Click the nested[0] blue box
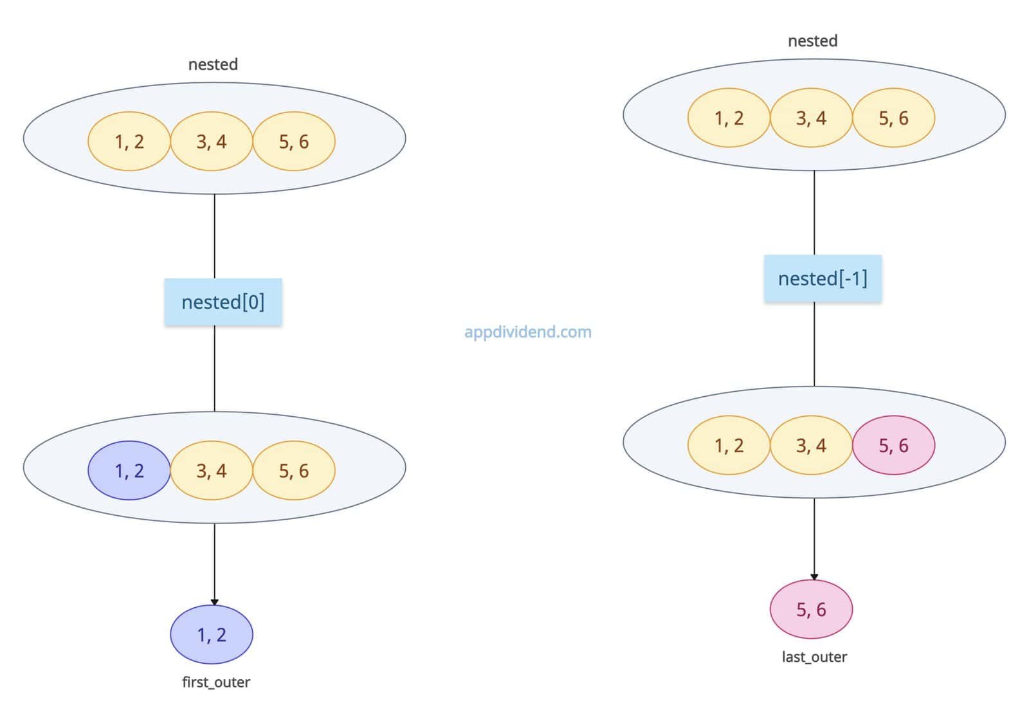(223, 302)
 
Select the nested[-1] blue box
(823, 278)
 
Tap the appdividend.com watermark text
(528, 333)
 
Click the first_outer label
(216, 682)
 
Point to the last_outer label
(814, 657)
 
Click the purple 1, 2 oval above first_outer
(212, 635)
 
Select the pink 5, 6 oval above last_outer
(811, 609)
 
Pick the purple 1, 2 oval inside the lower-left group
(129, 471)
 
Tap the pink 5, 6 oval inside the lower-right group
(893, 445)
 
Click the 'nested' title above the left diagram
(213, 64)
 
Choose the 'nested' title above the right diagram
(813, 41)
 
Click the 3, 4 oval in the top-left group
(212, 141)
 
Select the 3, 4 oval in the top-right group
(811, 118)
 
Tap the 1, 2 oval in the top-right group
(729, 118)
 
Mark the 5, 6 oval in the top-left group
(294, 141)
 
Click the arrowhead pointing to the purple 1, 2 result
(215, 602)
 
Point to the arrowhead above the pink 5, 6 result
(814, 577)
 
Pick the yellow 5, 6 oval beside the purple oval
(294, 471)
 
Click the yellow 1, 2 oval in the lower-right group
(729, 445)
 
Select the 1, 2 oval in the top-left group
(129, 141)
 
